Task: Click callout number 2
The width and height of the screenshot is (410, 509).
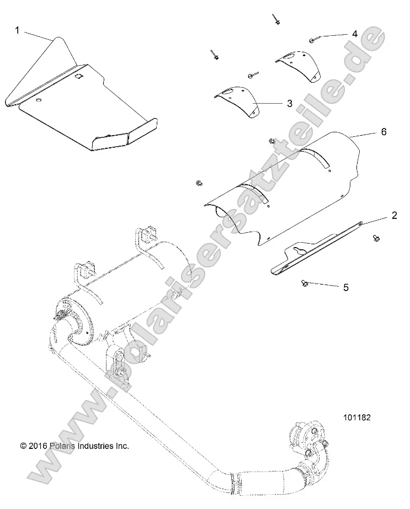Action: (x=394, y=216)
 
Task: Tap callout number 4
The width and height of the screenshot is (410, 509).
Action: (x=355, y=34)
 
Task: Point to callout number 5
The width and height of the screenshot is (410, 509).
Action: (x=346, y=287)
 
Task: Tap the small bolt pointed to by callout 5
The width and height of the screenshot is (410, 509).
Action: (x=303, y=282)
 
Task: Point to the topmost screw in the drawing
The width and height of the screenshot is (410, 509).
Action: (x=275, y=19)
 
